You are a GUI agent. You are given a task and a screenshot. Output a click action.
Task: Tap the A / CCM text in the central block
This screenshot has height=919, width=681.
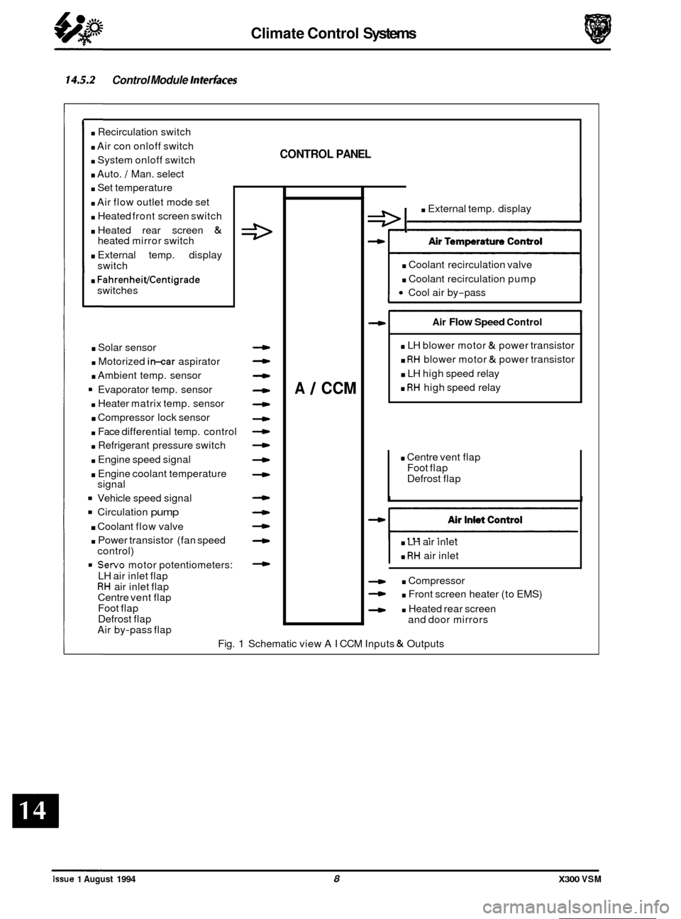[323, 388]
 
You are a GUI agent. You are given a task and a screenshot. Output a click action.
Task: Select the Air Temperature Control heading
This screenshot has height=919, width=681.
[485, 241]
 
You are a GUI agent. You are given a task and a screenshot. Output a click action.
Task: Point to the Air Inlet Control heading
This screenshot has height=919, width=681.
[486, 519]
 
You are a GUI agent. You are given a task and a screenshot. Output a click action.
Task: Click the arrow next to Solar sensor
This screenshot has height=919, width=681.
[262, 347]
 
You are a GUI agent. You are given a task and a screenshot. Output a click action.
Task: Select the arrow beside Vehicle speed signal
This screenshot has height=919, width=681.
[262, 497]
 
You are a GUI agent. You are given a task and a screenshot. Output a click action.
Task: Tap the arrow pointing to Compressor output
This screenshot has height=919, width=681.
[376, 580]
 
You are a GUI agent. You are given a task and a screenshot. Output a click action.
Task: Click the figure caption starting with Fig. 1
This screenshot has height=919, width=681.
[331, 644]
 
